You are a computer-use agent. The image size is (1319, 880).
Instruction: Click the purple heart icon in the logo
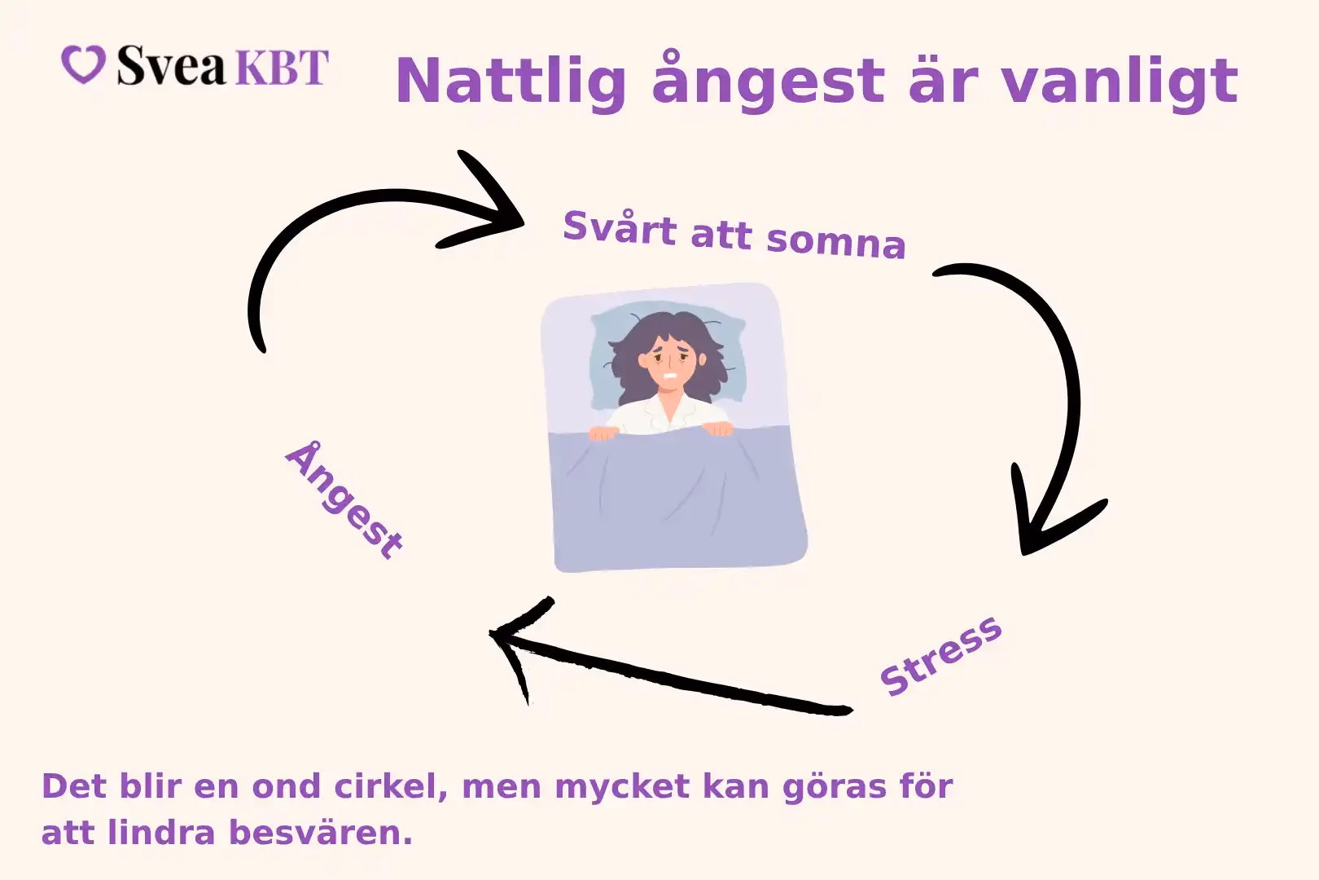[83, 65]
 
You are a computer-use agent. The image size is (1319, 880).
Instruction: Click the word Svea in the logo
[169, 67]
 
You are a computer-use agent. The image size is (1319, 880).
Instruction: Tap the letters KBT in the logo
[280, 67]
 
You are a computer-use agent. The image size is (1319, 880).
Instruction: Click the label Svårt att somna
[734, 235]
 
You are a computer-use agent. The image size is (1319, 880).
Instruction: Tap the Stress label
[940, 655]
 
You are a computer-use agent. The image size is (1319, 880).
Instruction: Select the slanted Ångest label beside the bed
[344, 501]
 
